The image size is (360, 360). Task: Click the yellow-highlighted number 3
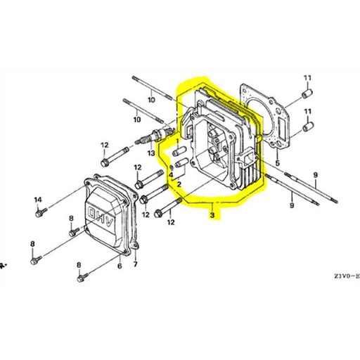pos(212,214)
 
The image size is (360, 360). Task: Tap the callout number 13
pos(151,153)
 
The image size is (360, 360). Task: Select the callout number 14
pos(38,200)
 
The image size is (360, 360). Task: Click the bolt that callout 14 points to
pos(41,212)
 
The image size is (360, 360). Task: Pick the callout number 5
pos(278,163)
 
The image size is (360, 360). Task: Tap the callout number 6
pos(120,266)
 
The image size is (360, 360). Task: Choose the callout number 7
pos(135,264)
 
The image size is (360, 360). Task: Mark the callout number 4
pos(171,175)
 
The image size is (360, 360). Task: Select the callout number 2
pos(179,184)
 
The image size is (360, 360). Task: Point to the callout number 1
pos(177,141)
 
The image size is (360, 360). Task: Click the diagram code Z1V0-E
pos(347,276)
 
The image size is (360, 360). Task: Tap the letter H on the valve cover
pos(101,216)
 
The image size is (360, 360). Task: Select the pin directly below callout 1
pos(180,151)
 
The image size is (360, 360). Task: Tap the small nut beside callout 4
pos(172,167)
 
